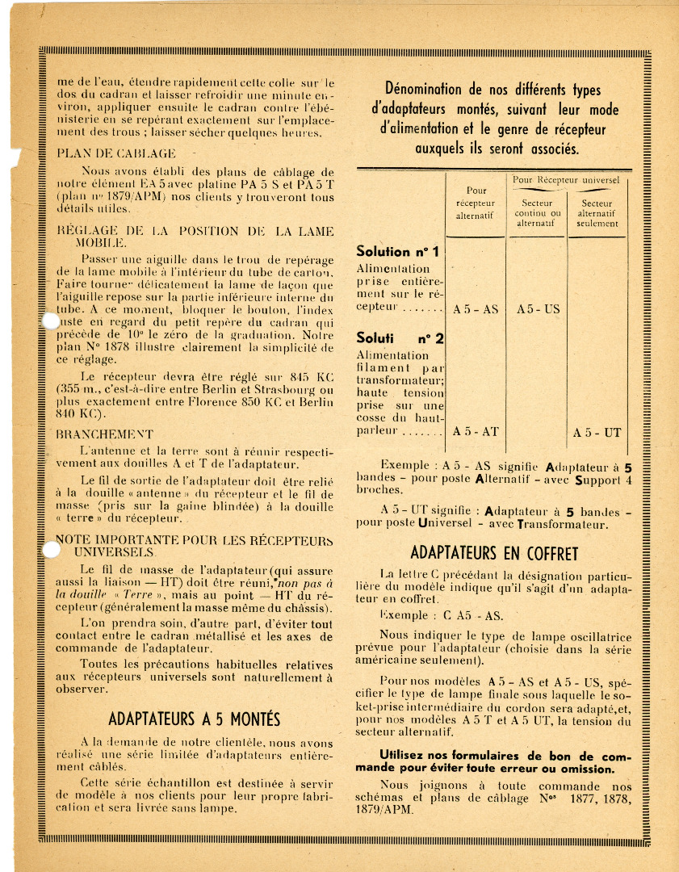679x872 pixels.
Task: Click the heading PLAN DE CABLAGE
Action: click(x=115, y=153)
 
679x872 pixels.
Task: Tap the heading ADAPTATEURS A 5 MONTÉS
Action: click(x=194, y=719)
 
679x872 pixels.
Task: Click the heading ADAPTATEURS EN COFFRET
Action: click(x=494, y=554)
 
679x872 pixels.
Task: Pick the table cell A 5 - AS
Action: click(x=476, y=309)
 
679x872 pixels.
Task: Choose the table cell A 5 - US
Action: click(x=537, y=309)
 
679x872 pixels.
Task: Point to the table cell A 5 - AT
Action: click(x=476, y=432)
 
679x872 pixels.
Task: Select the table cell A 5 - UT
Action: click(x=597, y=433)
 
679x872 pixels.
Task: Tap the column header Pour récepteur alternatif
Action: click(x=476, y=203)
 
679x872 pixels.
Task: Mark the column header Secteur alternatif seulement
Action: click(x=597, y=213)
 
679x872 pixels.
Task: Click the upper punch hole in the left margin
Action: click(x=50, y=321)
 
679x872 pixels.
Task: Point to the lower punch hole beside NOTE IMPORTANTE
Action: click(x=50, y=551)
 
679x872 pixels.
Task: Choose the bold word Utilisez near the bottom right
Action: click(x=393, y=756)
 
